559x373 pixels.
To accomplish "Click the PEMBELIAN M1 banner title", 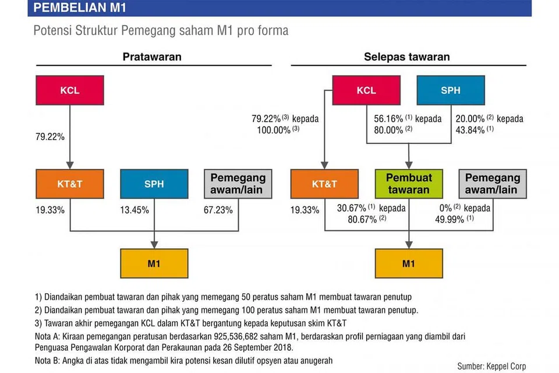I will pos(80,8).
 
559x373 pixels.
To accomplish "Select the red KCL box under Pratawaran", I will pos(70,91).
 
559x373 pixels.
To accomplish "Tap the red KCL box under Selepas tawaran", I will pos(366,91).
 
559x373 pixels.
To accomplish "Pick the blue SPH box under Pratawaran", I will pos(154,184).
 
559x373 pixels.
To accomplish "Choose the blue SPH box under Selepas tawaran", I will pos(450,91).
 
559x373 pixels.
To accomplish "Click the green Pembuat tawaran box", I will pos(408,184).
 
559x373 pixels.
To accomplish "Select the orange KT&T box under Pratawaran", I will pos(70,184).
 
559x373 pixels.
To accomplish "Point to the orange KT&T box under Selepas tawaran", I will pos(324,184).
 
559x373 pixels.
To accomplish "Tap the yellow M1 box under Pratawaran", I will pos(154,263).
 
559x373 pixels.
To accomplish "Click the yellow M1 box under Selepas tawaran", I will pos(408,263).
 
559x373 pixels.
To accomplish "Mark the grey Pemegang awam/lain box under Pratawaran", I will pos(238,184).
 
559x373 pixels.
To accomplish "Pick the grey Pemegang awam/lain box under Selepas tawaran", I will pos(493,184).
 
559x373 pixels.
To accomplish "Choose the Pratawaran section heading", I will pos(152,57).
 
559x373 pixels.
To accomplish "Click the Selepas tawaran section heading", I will pos(407,57).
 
